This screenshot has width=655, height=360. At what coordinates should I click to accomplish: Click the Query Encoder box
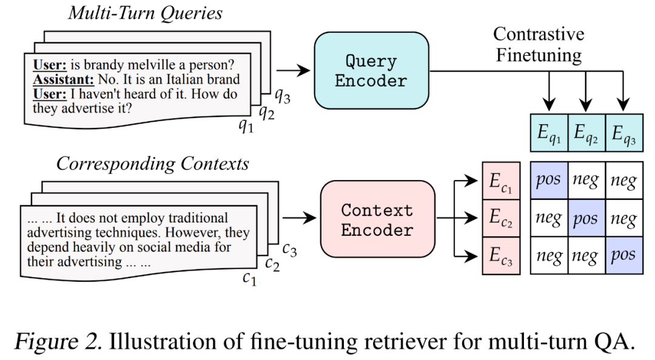coord(371,70)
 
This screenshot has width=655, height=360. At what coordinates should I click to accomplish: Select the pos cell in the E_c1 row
coord(549,180)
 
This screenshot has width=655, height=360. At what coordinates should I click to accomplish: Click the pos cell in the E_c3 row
coord(623,255)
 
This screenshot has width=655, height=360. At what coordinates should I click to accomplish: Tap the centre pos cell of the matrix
coord(586,218)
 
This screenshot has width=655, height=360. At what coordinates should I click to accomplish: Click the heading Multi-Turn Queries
coord(144,13)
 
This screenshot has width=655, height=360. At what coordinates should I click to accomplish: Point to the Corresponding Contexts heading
coord(153,164)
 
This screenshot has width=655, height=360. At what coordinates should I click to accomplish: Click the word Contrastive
coord(539,33)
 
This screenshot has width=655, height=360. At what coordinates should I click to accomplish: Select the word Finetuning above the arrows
coord(539,55)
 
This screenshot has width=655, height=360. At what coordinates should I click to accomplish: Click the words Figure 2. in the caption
coord(59,342)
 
